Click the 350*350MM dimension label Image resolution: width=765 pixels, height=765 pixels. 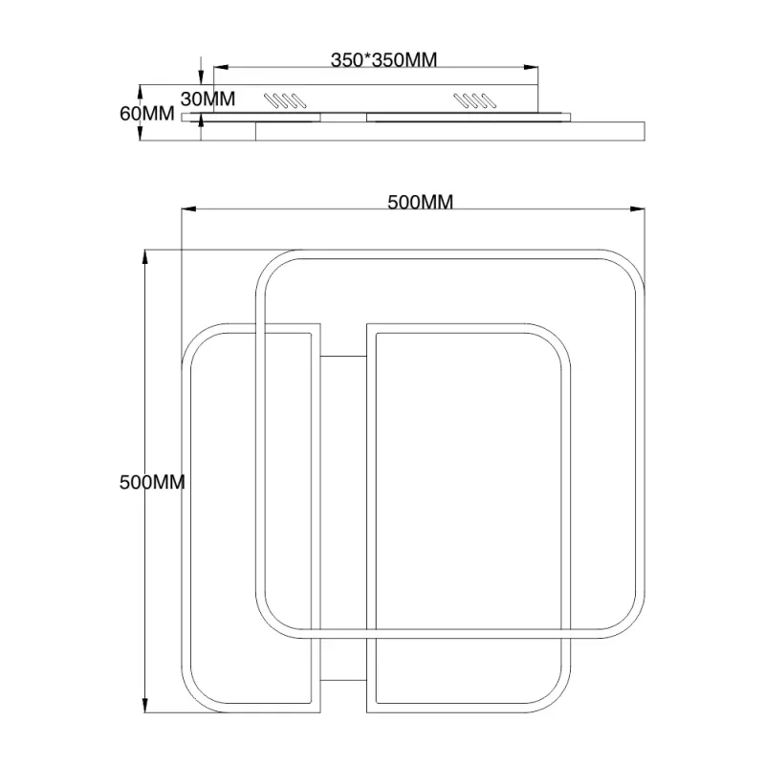pos(383,60)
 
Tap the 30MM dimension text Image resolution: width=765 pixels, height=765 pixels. pos(208,99)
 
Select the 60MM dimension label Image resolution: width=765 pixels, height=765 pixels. pos(147,114)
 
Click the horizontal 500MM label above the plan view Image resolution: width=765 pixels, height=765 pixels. pos(420,202)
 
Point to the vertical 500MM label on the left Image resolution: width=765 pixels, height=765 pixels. pos(152,482)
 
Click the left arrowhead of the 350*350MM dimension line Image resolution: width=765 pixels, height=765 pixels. pos(221,67)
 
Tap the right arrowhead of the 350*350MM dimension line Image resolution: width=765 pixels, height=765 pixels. pos(531,67)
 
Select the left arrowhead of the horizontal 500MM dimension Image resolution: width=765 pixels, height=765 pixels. pos(188,209)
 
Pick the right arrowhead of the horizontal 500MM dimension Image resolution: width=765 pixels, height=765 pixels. pos(637,209)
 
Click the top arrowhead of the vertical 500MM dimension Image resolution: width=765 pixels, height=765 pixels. pos(145,257)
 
